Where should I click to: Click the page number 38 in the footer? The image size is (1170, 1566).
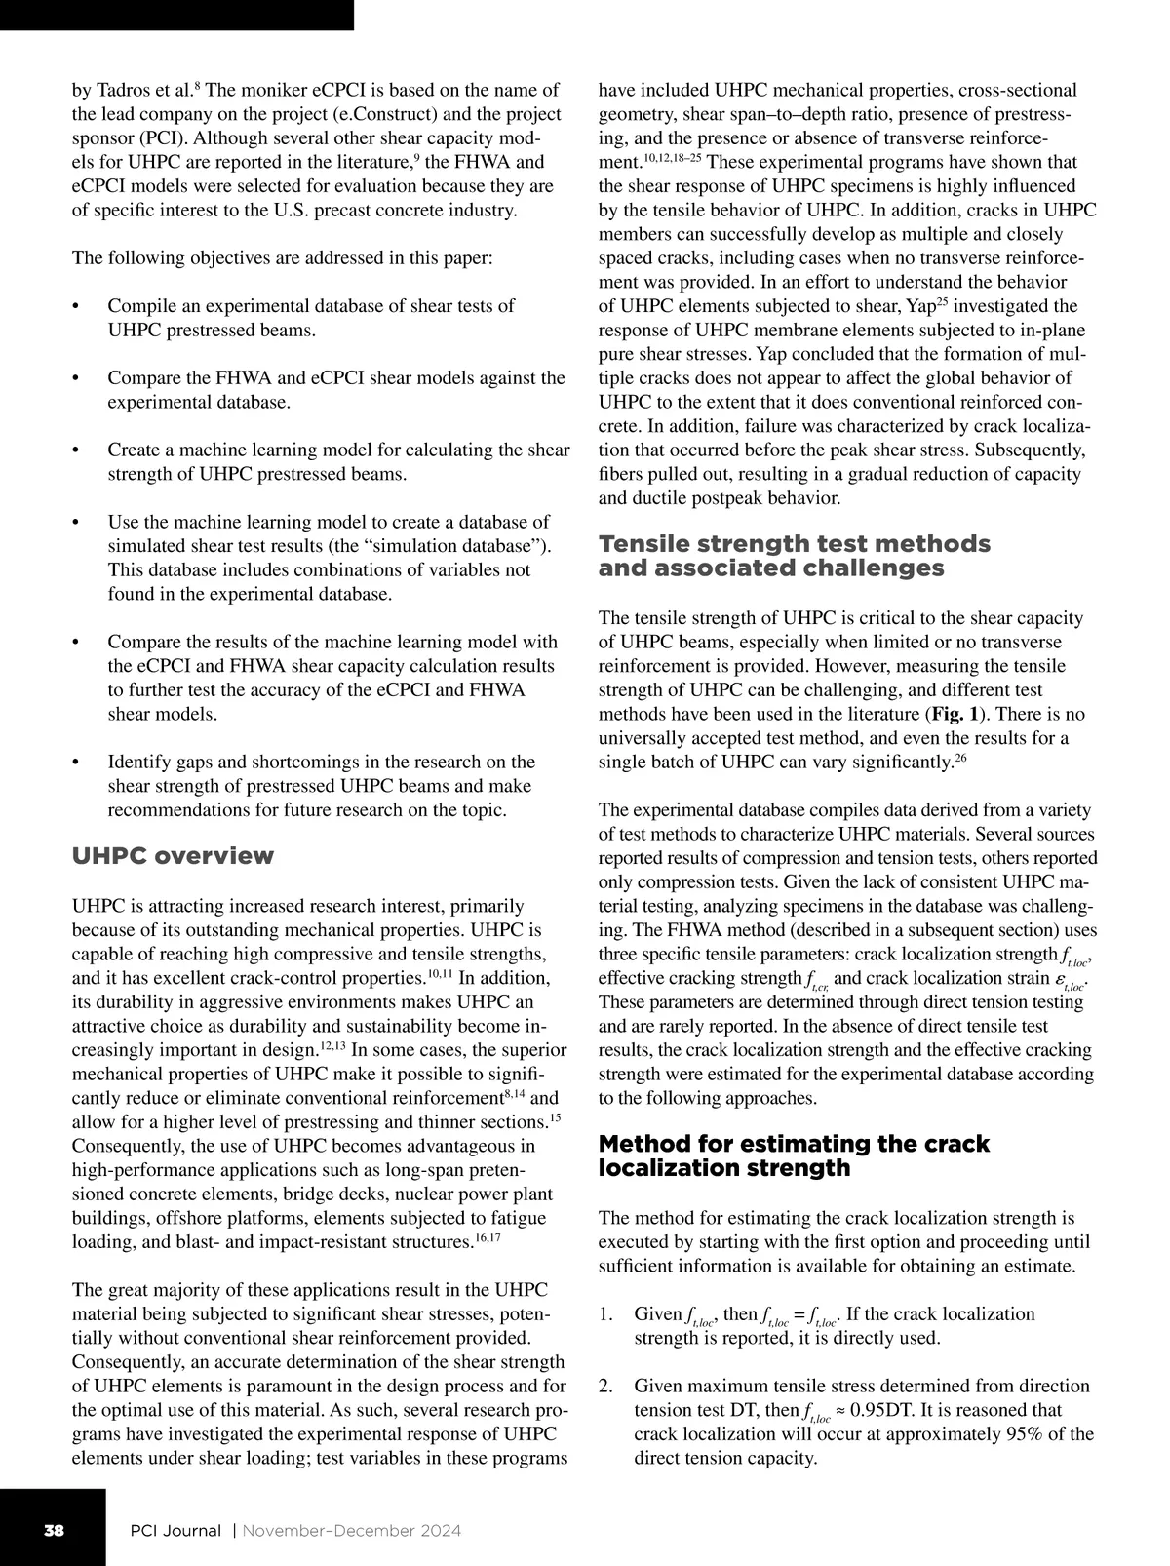(x=53, y=1530)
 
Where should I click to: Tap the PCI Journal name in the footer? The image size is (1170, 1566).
(x=175, y=1530)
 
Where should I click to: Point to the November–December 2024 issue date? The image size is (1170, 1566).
(x=351, y=1530)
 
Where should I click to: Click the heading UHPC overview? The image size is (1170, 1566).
(x=174, y=856)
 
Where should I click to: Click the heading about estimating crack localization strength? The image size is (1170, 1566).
(x=794, y=1155)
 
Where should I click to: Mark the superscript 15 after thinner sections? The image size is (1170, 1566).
(x=555, y=1117)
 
